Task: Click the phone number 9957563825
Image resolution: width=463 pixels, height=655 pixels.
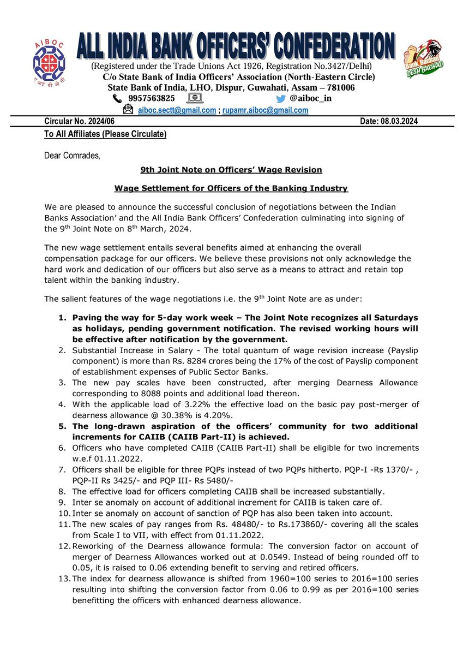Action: click(x=152, y=99)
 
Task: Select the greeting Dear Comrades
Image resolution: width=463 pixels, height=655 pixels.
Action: click(x=72, y=156)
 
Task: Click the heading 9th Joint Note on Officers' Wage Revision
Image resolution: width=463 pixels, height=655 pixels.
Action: click(x=231, y=170)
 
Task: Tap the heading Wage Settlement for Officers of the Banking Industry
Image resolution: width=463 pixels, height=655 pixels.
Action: click(x=231, y=189)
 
